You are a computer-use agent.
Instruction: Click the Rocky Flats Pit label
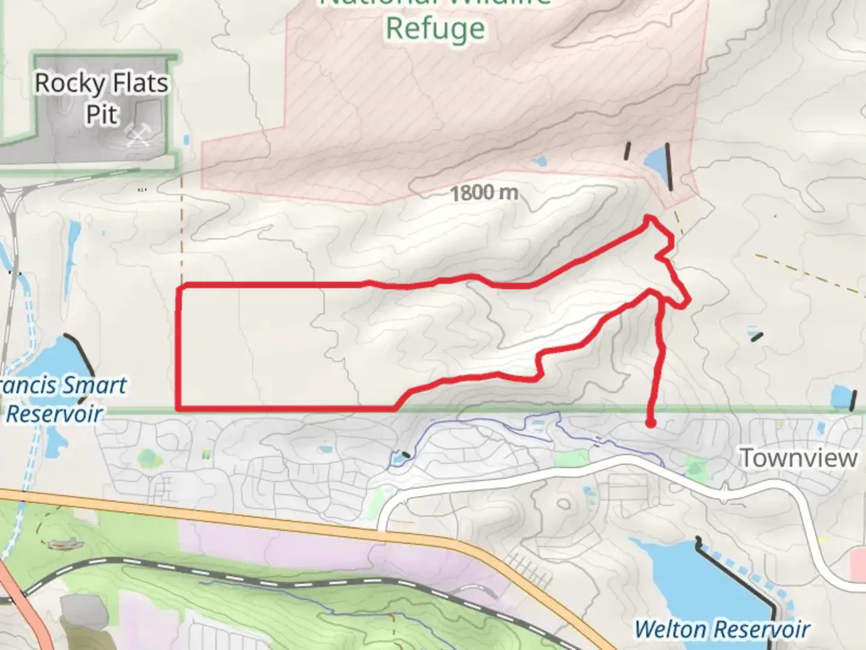[x=102, y=99]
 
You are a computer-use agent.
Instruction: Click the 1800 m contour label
[x=484, y=193]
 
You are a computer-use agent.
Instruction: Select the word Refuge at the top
[x=435, y=29]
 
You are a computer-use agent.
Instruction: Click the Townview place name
[x=798, y=458]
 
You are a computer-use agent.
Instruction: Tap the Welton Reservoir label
[x=722, y=630]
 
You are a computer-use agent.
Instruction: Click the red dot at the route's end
[x=650, y=423]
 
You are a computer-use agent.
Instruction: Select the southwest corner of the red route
[x=179, y=408]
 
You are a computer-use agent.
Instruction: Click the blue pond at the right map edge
[x=840, y=398]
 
